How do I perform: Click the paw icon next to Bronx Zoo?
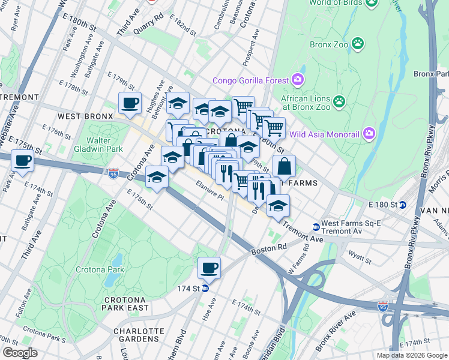[358, 43]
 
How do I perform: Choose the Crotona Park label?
[100, 269]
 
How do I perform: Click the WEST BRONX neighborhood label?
[86, 115]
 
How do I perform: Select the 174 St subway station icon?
[205, 288]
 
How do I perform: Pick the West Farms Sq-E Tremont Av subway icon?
[316, 227]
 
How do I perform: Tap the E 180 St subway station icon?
[403, 205]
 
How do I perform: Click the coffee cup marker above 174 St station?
[209, 268]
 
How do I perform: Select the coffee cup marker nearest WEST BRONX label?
[130, 103]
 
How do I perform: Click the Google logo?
[20, 353]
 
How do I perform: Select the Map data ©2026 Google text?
[412, 355]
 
